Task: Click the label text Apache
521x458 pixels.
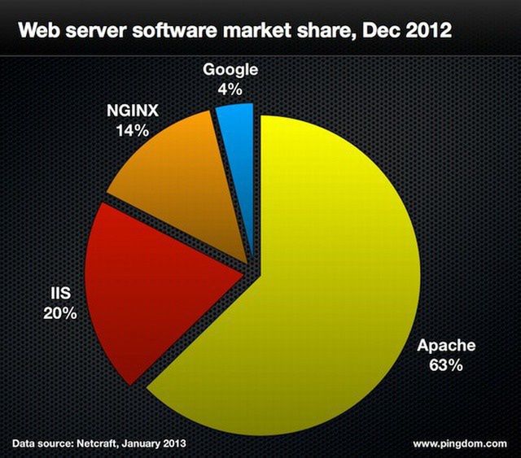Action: pos(446,346)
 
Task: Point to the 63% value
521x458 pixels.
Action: pos(446,365)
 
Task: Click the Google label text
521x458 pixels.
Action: pos(230,70)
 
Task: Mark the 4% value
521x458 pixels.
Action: pos(230,89)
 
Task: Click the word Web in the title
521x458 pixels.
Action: pos(38,32)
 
